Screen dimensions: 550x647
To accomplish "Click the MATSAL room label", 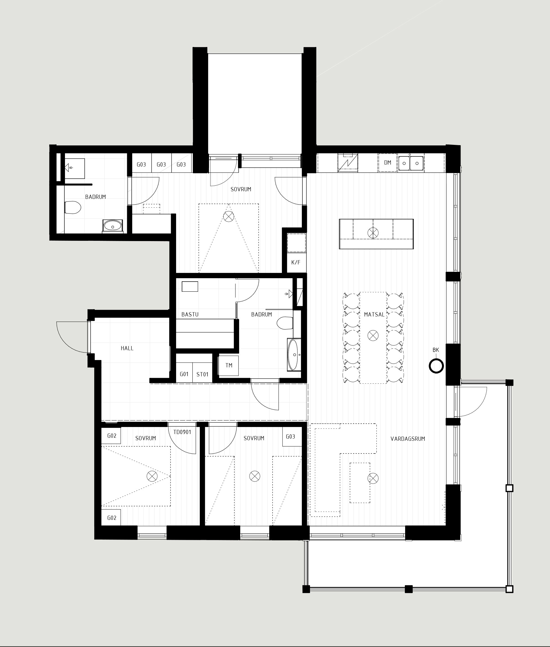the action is point(374,314).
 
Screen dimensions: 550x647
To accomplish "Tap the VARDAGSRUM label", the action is point(408,439).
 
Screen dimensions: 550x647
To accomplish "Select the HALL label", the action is point(127,348).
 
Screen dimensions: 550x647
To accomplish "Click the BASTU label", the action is point(190,314).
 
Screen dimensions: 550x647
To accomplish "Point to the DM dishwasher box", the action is point(388,162).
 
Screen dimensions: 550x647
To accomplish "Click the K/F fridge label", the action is point(296,262).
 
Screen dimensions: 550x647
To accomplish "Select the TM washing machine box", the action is point(228,365).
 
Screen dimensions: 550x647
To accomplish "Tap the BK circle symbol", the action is point(436,366).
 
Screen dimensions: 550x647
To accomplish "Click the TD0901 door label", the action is point(182,432).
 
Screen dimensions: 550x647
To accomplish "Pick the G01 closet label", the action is point(184,374).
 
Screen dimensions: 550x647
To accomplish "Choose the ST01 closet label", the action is point(202,374).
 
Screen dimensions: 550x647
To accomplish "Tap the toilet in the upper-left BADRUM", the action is point(73,207).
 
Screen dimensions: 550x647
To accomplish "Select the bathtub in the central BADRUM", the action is point(294,354).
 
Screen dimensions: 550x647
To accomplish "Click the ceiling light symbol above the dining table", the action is point(373,336).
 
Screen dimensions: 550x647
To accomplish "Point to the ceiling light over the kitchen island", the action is point(373,233).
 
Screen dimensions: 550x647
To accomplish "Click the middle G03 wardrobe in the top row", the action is point(161,164).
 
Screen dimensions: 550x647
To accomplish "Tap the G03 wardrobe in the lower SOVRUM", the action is point(290,437).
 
